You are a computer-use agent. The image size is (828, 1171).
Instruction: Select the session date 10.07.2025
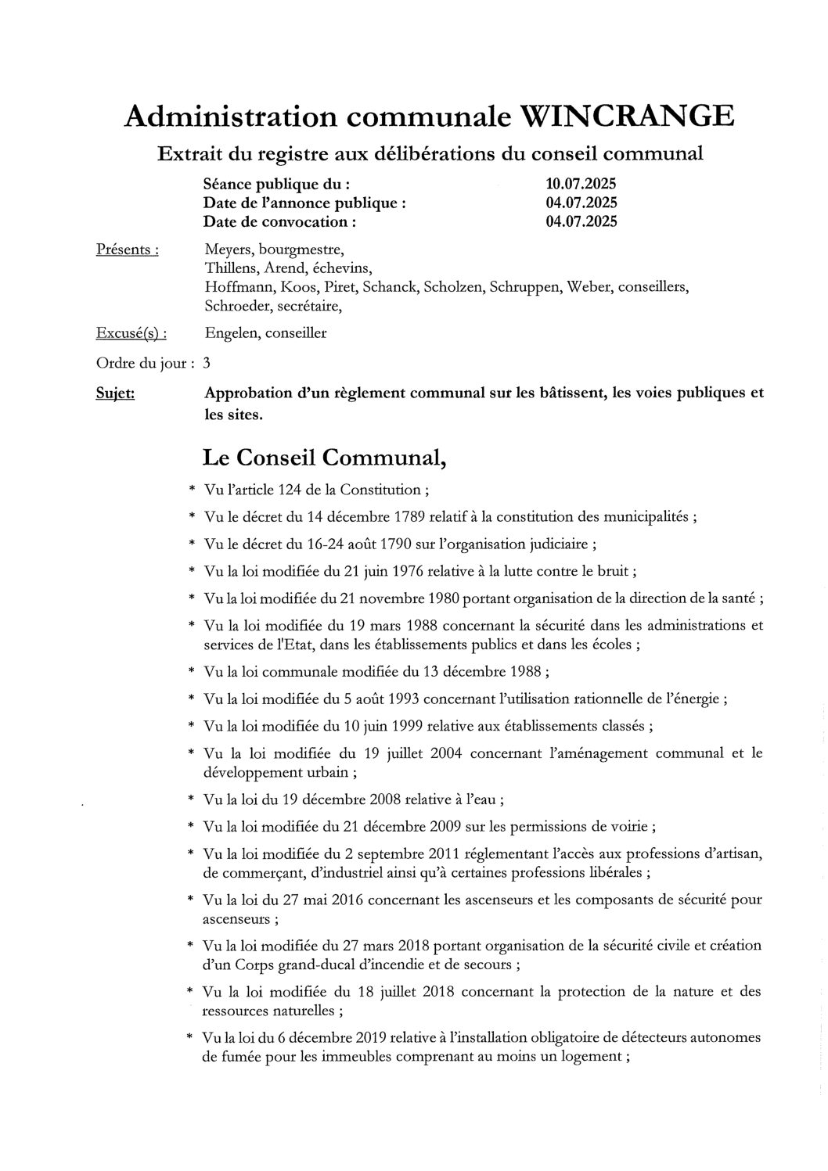(x=581, y=185)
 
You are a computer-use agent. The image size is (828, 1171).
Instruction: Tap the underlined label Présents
(x=128, y=250)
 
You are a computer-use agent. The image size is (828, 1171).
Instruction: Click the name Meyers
(x=226, y=250)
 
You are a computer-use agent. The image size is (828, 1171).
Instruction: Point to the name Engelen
(x=231, y=333)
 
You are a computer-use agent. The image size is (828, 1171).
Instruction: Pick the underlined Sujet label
(x=115, y=393)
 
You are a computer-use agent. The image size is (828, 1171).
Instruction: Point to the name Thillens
(x=229, y=268)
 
